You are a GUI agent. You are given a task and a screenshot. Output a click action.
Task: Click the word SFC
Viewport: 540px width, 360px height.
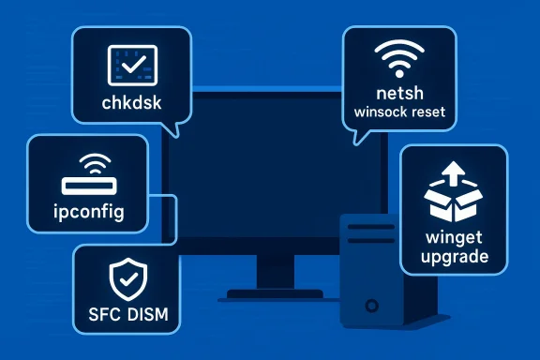101,313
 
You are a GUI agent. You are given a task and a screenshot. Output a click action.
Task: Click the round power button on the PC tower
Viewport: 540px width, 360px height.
372,307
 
